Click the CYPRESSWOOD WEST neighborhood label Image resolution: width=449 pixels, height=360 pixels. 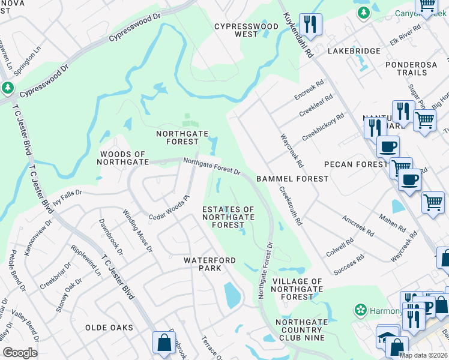[x=247, y=31]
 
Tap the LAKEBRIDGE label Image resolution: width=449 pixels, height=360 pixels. [x=354, y=52]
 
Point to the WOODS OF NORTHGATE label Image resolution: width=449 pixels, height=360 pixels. [x=123, y=158]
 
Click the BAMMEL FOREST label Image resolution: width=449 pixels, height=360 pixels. [x=292, y=179]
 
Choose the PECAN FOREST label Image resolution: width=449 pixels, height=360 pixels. [x=355, y=164]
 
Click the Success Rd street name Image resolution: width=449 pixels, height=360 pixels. [x=349, y=265]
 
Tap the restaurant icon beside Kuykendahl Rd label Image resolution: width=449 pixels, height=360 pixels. [x=310, y=25]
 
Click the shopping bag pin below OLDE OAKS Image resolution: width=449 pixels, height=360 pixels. [x=164, y=343]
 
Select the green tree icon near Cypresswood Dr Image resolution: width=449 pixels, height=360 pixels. [x=8, y=88]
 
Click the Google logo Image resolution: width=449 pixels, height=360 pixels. [x=20, y=353]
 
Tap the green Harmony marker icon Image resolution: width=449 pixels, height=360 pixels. [x=361, y=310]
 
